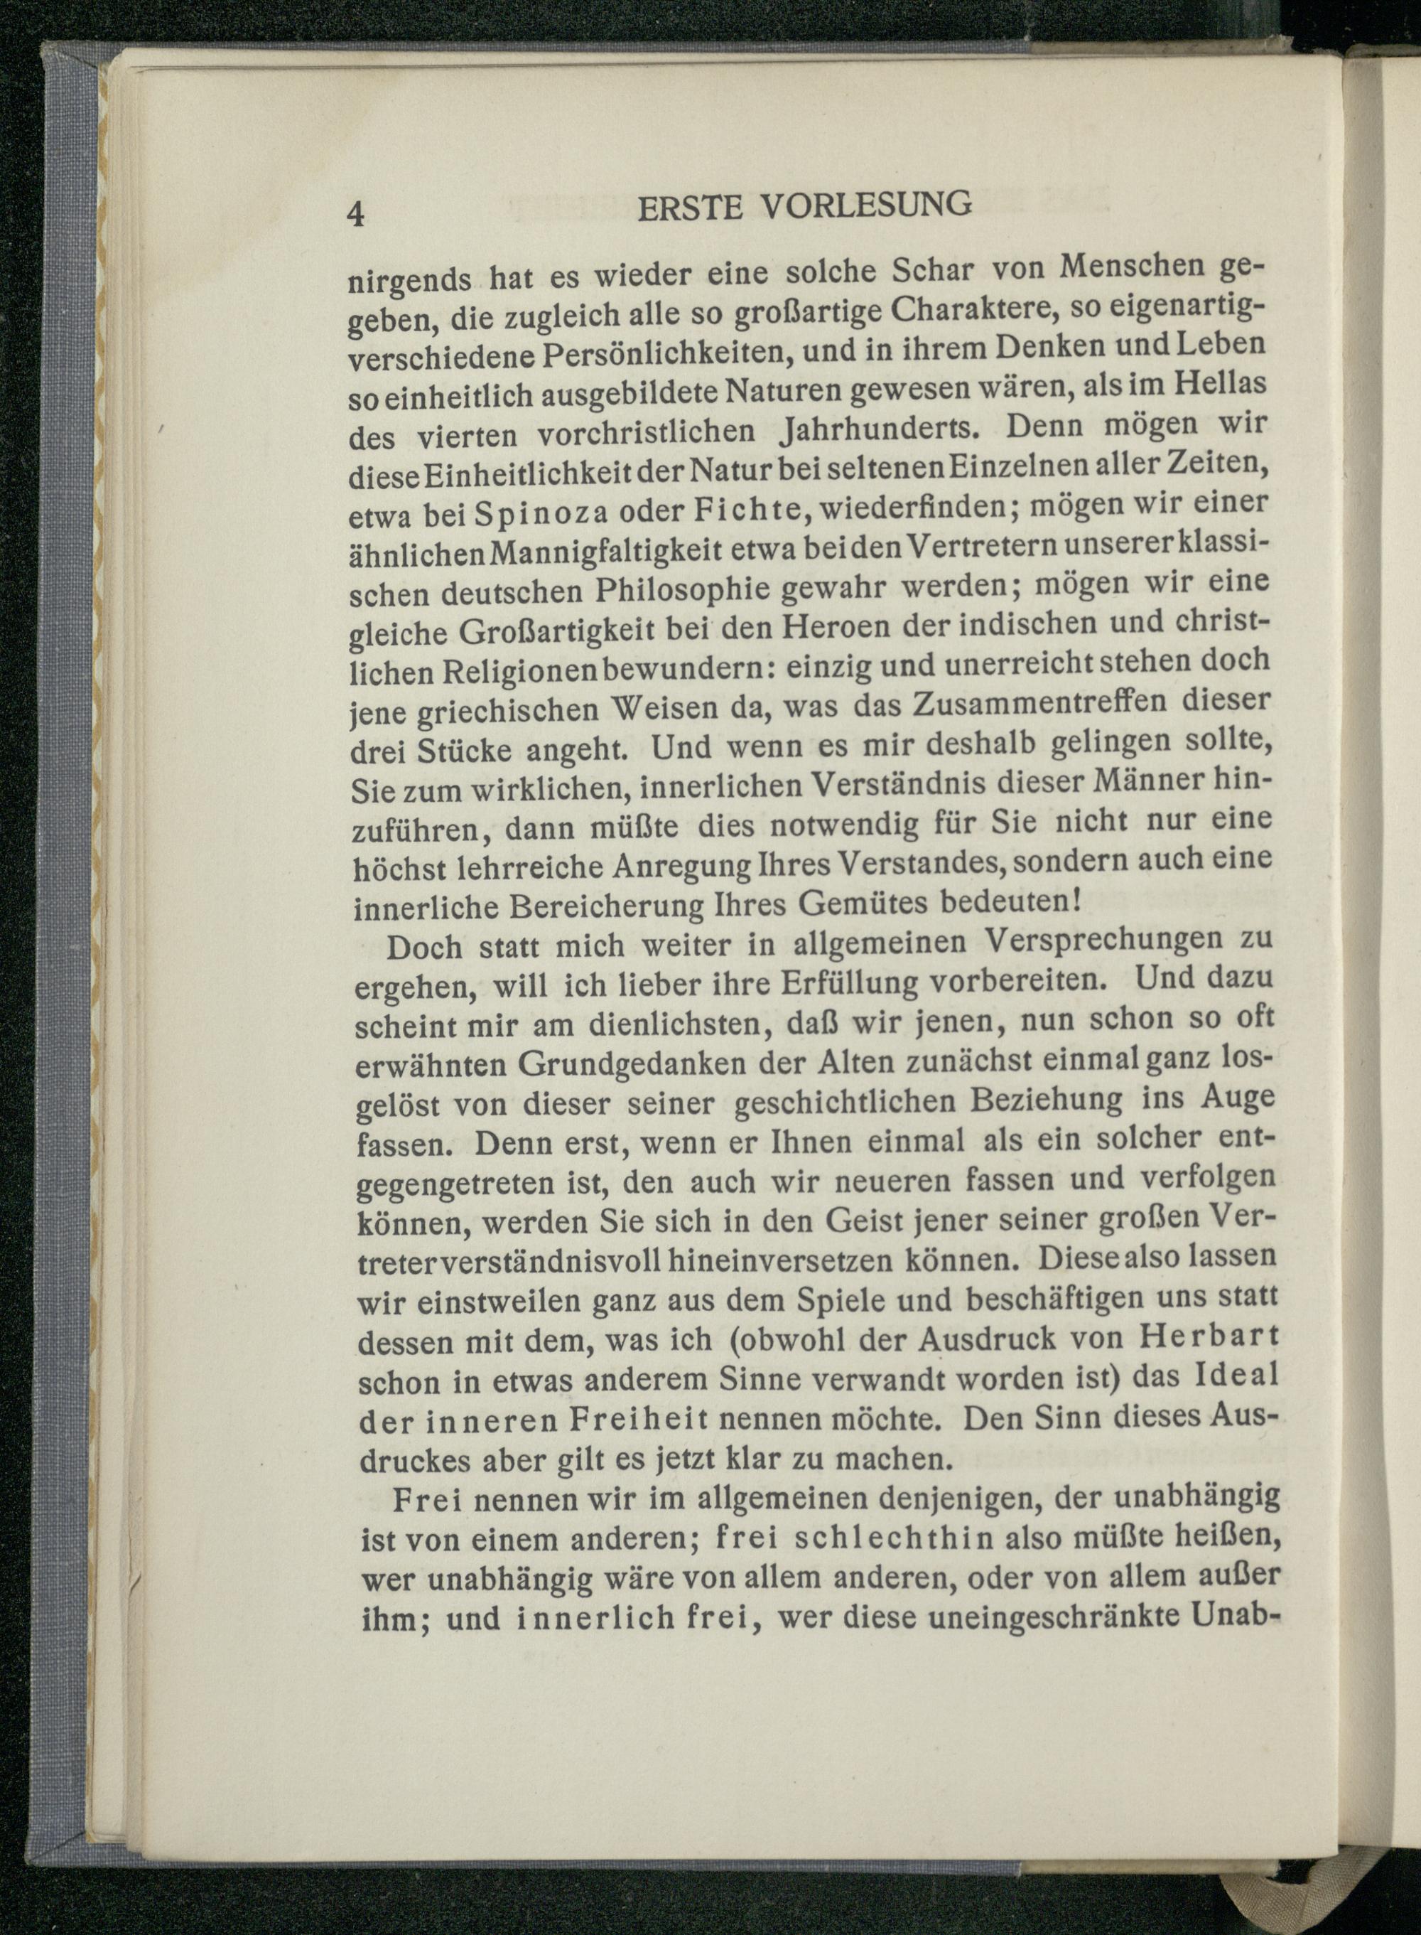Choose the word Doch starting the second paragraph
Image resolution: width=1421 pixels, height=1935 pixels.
pos(425,946)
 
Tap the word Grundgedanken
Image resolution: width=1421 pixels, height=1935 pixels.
pos(632,1064)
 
